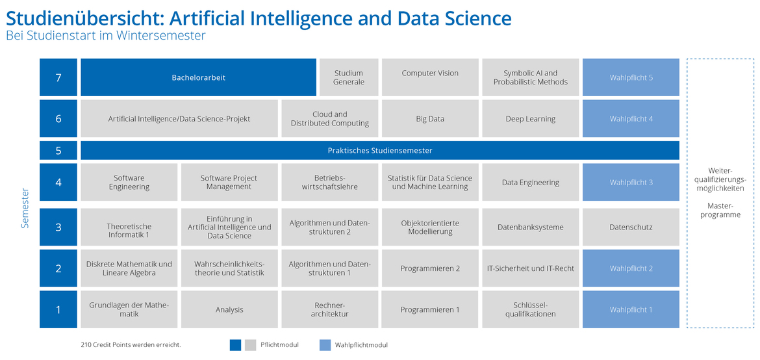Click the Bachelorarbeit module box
(x=198, y=77)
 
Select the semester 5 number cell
(x=58, y=150)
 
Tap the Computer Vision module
(x=430, y=77)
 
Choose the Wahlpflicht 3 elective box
(x=631, y=183)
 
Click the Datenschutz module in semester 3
(x=631, y=227)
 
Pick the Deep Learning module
(x=530, y=119)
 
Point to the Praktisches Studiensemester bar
(x=380, y=150)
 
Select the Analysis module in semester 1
(x=229, y=309)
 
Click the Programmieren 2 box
(x=430, y=268)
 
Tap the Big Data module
(x=430, y=119)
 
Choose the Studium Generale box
(x=348, y=77)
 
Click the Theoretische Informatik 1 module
(x=129, y=227)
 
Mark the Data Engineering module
(x=530, y=183)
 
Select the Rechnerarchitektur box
(x=329, y=309)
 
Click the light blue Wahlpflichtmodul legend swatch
(x=325, y=345)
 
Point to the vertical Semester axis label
(x=25, y=208)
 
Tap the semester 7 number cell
(x=58, y=77)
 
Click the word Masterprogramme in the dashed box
(x=720, y=210)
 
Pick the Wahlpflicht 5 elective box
(x=631, y=77)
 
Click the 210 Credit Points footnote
(x=131, y=345)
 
